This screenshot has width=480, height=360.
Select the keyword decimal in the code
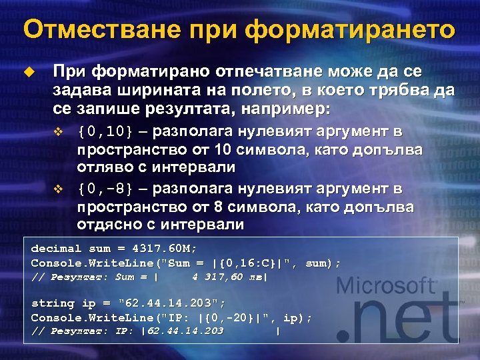click(56, 249)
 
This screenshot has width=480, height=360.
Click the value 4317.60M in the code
click(165, 249)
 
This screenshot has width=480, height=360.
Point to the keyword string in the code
click(53, 303)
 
